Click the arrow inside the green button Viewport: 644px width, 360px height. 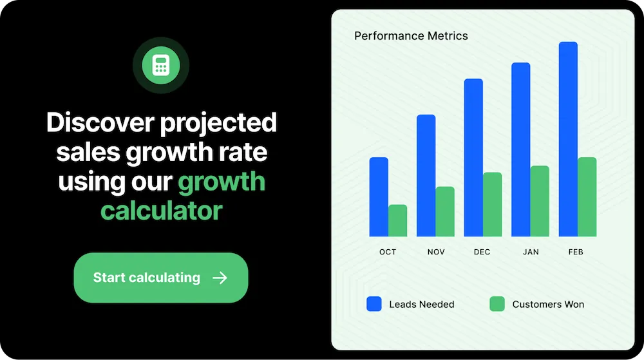click(220, 278)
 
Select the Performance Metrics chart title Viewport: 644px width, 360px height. click(411, 35)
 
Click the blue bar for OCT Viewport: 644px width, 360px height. click(379, 196)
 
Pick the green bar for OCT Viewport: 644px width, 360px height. click(397, 220)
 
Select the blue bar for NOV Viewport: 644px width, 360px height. click(426, 175)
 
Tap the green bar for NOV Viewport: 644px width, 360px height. click(445, 211)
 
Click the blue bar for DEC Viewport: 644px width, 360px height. click(473, 157)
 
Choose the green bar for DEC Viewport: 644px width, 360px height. click(493, 204)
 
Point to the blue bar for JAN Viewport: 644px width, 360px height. click(521, 149)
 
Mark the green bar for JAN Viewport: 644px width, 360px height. click(540, 201)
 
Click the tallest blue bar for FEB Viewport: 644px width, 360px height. click(568, 139)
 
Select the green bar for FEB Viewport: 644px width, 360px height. click(587, 196)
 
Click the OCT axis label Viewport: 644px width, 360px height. click(388, 252)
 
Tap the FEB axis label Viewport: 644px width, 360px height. click(576, 252)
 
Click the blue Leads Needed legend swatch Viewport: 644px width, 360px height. click(374, 304)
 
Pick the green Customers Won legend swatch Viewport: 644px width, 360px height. click(497, 304)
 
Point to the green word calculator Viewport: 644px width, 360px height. click(161, 210)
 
